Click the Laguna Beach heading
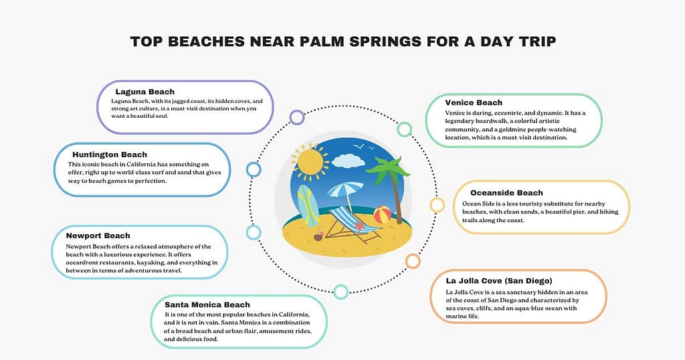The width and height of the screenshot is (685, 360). (x=144, y=92)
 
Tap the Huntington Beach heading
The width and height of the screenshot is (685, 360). (x=110, y=155)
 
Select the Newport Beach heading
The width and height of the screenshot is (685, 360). (x=98, y=236)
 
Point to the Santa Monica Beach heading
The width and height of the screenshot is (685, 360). (x=207, y=304)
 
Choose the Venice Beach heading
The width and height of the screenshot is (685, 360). (x=474, y=102)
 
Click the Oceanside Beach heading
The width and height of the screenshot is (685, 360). (x=506, y=193)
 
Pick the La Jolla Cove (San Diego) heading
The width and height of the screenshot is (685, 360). (x=499, y=280)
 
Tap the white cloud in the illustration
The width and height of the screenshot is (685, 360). (x=349, y=161)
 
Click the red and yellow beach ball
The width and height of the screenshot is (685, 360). (x=382, y=215)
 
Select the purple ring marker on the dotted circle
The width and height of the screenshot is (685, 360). (x=297, y=118)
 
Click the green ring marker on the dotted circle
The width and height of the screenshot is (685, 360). (x=404, y=129)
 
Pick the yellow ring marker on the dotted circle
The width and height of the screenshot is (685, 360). (x=437, y=205)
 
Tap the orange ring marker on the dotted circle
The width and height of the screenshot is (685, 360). (x=413, y=261)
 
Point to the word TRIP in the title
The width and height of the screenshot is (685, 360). (x=533, y=42)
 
